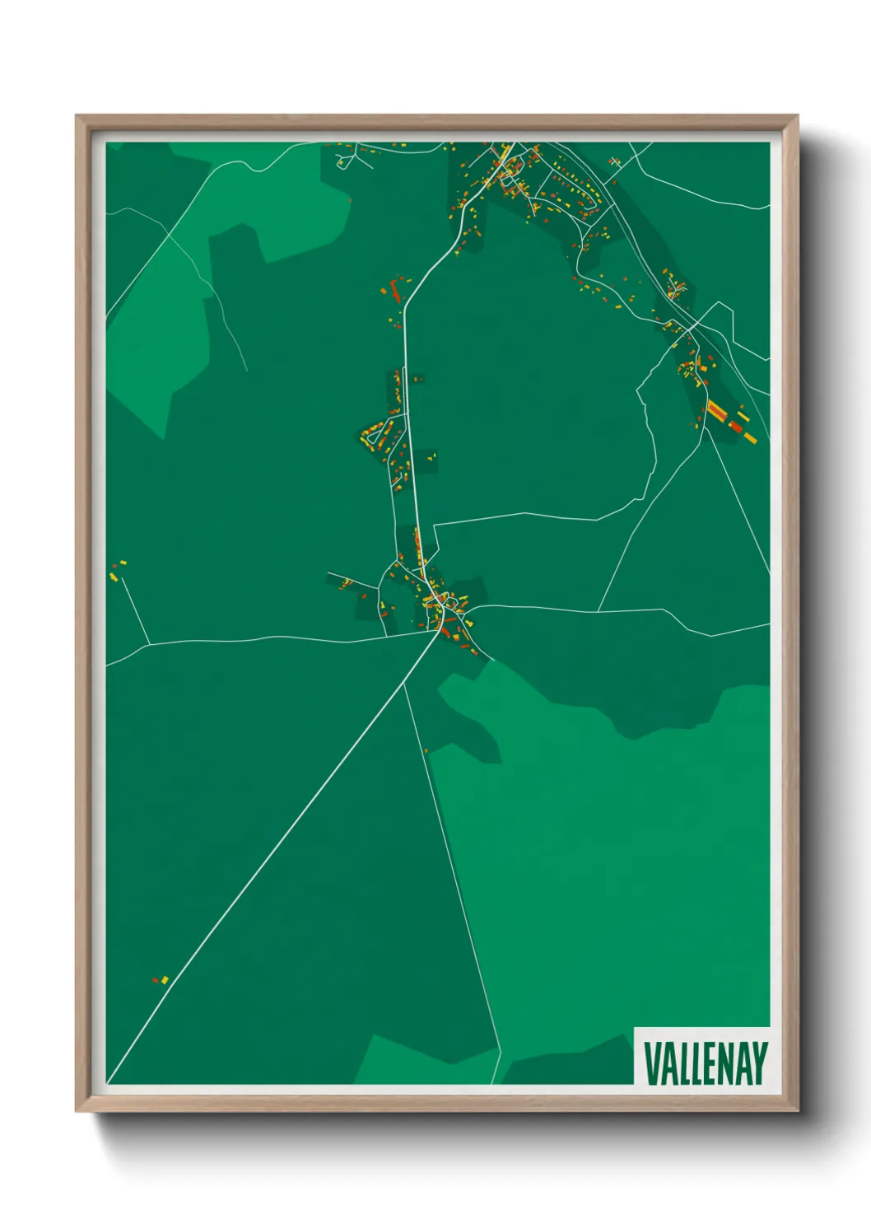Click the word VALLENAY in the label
coord(705,1063)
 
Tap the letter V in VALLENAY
coord(650,1063)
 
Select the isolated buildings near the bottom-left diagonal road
coord(161,979)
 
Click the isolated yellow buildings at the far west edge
coord(118,567)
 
